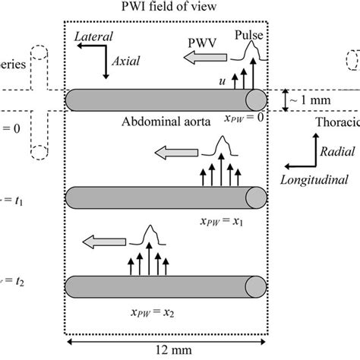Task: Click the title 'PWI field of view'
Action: pyautogui.click(x=166, y=8)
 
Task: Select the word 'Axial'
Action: pyautogui.click(x=125, y=66)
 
